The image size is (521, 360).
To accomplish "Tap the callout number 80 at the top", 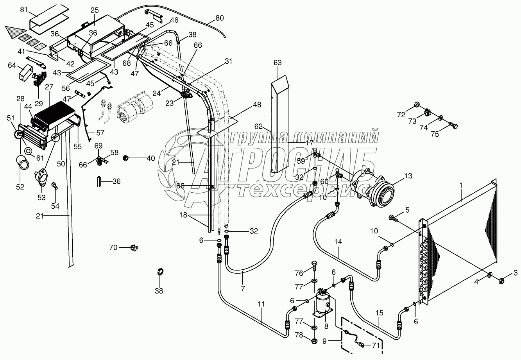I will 220,18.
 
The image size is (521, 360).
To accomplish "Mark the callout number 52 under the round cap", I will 20,187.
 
